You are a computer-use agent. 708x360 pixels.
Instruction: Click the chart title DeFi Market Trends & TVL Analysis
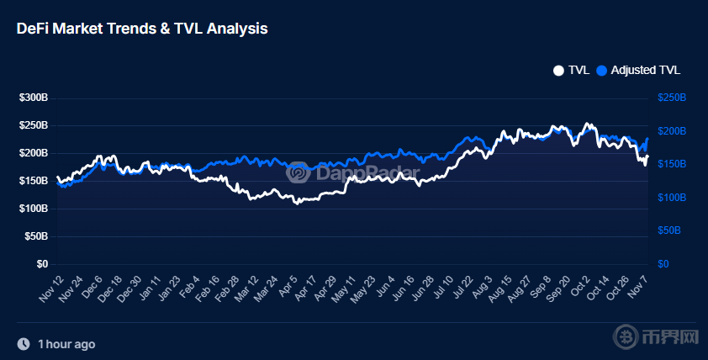(x=142, y=28)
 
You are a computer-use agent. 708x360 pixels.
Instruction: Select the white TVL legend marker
(x=558, y=70)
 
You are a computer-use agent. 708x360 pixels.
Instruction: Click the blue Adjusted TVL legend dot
(x=601, y=70)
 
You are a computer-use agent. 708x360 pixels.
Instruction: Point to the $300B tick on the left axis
(x=34, y=98)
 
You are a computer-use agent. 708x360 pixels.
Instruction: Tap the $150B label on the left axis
(x=34, y=181)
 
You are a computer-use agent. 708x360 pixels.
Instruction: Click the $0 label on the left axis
(x=41, y=264)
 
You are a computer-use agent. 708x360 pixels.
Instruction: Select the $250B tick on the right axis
(x=672, y=98)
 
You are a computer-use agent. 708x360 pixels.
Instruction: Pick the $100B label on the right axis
(x=672, y=198)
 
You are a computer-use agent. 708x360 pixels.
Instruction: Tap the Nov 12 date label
(x=50, y=289)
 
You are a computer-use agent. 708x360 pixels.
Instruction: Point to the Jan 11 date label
(x=150, y=289)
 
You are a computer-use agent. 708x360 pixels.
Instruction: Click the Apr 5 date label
(x=288, y=288)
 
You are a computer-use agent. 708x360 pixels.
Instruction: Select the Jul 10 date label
(x=441, y=289)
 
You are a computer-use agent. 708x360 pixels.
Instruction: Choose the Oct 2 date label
(x=579, y=288)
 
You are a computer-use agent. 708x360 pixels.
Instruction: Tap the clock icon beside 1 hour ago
(x=24, y=344)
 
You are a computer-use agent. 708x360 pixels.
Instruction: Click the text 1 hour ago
(x=66, y=344)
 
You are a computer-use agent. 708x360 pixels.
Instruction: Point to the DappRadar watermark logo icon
(x=297, y=173)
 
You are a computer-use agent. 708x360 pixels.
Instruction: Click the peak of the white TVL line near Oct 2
(x=587, y=124)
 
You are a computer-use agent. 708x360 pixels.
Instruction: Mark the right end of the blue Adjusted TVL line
(x=647, y=139)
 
